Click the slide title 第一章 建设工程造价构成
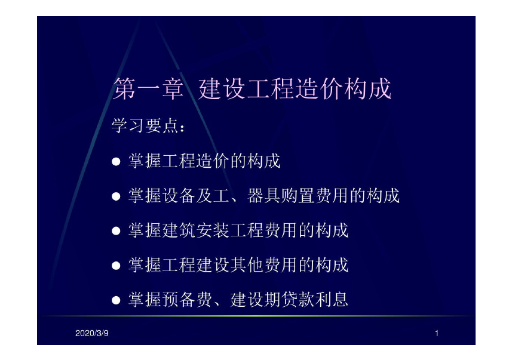pyautogui.click(x=252, y=88)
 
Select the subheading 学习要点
pyautogui.click(x=148, y=125)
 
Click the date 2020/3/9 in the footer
pyautogui.click(x=92, y=333)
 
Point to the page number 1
pyautogui.click(x=437, y=333)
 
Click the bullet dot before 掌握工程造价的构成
pyautogui.click(x=116, y=162)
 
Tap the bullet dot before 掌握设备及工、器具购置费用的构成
pyautogui.click(x=116, y=196)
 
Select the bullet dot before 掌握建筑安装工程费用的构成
pyautogui.click(x=116, y=231)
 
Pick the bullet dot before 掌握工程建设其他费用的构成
pyautogui.click(x=116, y=266)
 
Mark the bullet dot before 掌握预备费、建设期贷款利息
pyautogui.click(x=116, y=300)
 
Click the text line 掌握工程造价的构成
pyautogui.click(x=205, y=161)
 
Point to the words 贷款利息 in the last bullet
pyautogui.click(x=315, y=300)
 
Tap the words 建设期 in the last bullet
pyautogui.click(x=256, y=300)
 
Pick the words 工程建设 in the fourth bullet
pyautogui.click(x=196, y=265)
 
